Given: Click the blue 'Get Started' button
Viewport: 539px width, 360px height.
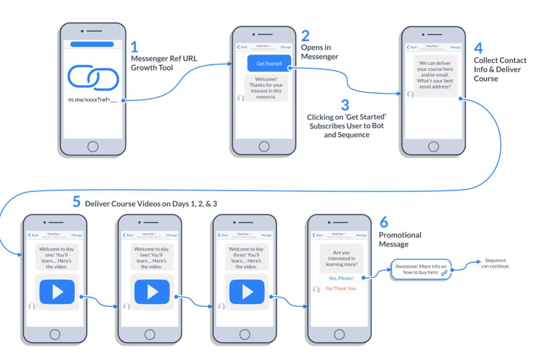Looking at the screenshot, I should pos(269,63).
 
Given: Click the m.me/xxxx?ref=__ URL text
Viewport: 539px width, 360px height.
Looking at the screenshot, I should pos(93,100).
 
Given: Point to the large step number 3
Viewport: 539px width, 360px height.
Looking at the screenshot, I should pos(345,105).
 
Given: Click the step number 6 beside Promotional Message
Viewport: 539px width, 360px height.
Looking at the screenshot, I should pos(384,222).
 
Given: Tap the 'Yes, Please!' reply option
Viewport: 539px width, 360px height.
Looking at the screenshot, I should pos(341,278).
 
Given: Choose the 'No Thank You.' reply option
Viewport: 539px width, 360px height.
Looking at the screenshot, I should pos(341,288).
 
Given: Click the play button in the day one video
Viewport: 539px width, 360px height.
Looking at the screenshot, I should pos(57,292).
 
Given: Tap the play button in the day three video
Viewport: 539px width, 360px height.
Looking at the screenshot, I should pos(247,292).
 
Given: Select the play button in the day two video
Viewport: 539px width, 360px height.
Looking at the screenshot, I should pos(152,292).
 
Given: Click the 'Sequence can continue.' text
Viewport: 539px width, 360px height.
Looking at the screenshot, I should pos(495,263).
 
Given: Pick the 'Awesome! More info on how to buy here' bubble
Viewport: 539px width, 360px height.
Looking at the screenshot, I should pos(421,269).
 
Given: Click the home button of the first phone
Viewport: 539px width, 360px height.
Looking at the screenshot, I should pos(93,146).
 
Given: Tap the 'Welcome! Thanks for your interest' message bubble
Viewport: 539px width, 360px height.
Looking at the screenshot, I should pos(266,88).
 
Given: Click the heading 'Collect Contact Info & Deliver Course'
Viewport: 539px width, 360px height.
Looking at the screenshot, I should pos(500,69).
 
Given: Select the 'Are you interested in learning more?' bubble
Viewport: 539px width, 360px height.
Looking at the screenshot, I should pos(341,258).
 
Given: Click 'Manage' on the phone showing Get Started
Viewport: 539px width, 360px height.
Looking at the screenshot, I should pos(286,47).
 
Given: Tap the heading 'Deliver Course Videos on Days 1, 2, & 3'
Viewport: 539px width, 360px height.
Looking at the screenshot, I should pos(151,204).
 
